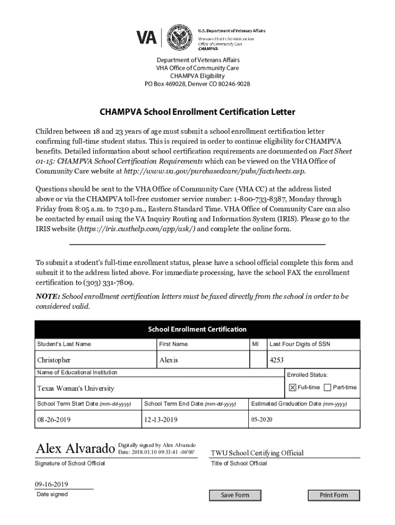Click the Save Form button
point(235,495)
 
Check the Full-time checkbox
point(292,387)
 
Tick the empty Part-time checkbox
point(327,387)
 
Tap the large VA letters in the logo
point(147,38)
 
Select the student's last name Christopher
point(54,360)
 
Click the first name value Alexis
point(168,360)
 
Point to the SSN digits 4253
point(276,360)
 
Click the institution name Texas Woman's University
point(75,388)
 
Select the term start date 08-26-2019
point(54,420)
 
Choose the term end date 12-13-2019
point(161,420)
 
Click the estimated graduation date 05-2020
point(262,420)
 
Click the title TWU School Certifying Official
point(258,453)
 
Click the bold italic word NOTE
point(47,296)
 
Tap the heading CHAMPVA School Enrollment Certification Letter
point(197,112)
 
